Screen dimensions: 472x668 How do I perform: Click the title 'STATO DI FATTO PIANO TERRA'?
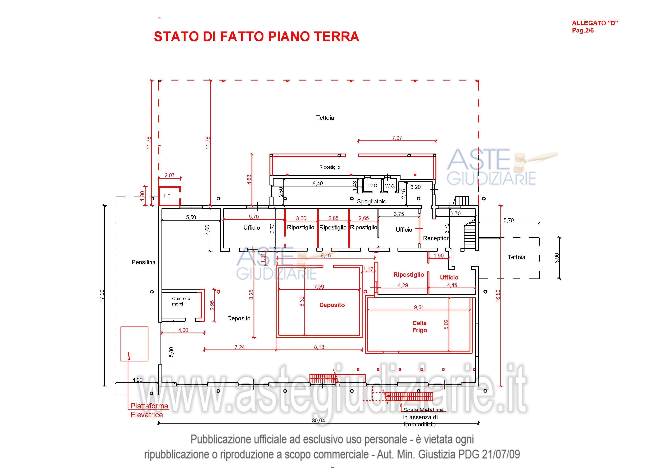click(x=256, y=37)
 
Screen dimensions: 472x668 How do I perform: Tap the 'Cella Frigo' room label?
click(x=419, y=327)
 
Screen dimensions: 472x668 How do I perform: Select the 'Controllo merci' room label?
click(x=181, y=301)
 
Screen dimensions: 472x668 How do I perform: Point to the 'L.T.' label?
click(x=168, y=196)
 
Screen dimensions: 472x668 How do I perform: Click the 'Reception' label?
click(x=436, y=238)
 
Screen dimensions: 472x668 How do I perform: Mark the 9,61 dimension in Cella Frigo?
click(x=419, y=307)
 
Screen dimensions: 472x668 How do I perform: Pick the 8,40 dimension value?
click(x=317, y=183)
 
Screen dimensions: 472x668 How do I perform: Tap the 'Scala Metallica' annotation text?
click(x=423, y=410)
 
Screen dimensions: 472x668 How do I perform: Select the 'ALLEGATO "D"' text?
click(x=595, y=23)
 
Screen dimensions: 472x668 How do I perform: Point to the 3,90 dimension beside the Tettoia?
click(x=557, y=258)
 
